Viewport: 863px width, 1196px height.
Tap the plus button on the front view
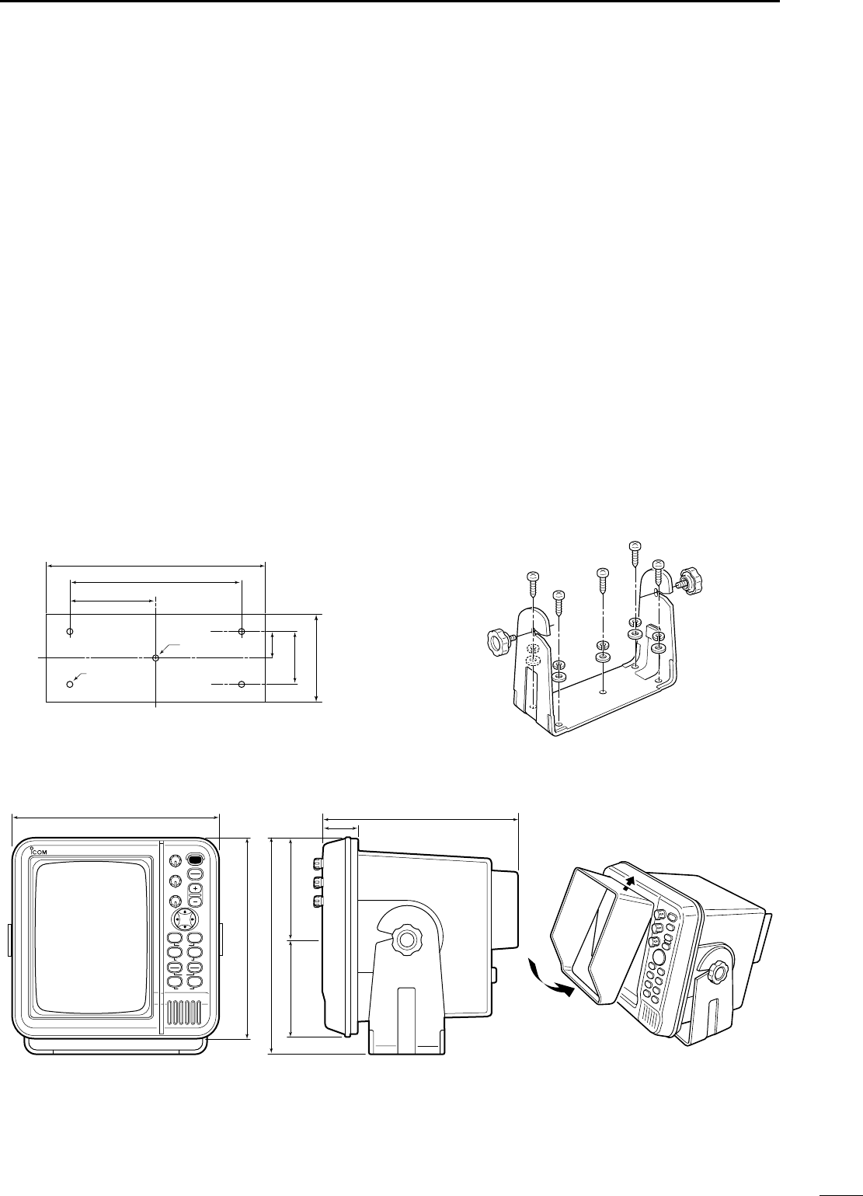[x=195, y=887]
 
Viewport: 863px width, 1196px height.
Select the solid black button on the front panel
[x=195, y=860]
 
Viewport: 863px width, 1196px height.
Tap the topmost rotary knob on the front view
[x=175, y=861]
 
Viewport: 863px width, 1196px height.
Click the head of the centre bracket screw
[x=602, y=573]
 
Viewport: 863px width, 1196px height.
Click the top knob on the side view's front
[x=318, y=864]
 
